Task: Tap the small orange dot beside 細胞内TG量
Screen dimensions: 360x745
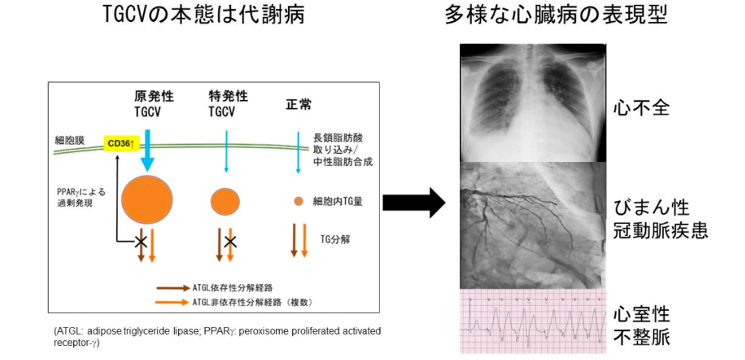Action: tap(298, 201)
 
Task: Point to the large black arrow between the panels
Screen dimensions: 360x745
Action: tap(413, 202)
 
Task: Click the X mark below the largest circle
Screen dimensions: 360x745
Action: tap(140, 240)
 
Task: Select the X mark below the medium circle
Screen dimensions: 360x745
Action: tap(230, 241)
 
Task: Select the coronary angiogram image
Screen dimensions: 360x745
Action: tap(533, 225)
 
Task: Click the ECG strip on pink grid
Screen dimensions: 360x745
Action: tap(533, 321)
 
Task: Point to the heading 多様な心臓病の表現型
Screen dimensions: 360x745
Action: tap(556, 16)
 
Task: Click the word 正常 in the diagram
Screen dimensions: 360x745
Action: tap(298, 105)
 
